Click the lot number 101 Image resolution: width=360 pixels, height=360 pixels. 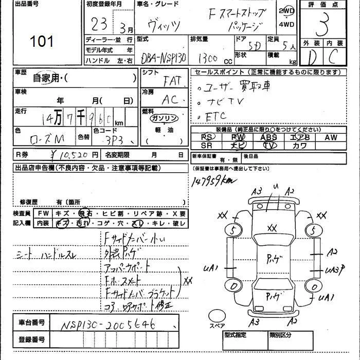point(42,41)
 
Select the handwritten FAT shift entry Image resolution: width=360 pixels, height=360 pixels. point(172,81)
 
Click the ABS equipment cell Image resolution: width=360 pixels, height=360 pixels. point(268,137)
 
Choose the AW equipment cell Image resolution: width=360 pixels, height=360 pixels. point(331,137)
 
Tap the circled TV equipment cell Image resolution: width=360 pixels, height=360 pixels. point(268,146)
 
